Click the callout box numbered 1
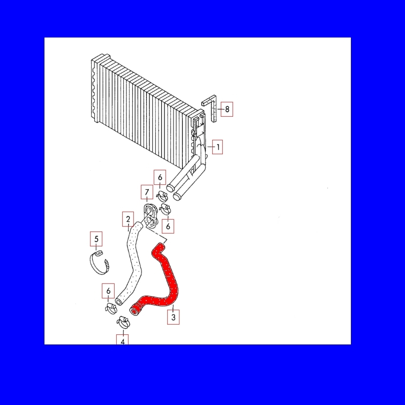pyautogui.click(x=217, y=147)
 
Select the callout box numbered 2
pyautogui.click(x=128, y=219)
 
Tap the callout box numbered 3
pyautogui.click(x=174, y=317)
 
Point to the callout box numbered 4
pyautogui.click(x=123, y=340)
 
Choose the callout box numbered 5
pyautogui.click(x=96, y=239)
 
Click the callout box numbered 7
pyautogui.click(x=147, y=192)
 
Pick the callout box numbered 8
pyautogui.click(x=227, y=109)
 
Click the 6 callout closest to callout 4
pyautogui.click(x=108, y=291)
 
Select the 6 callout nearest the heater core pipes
pyautogui.click(x=160, y=177)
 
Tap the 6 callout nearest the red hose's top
pyautogui.click(x=168, y=226)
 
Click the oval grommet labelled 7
pyautogui.click(x=151, y=216)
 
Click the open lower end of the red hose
pyautogui.click(x=134, y=311)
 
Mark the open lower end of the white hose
pyautogui.click(x=119, y=302)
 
